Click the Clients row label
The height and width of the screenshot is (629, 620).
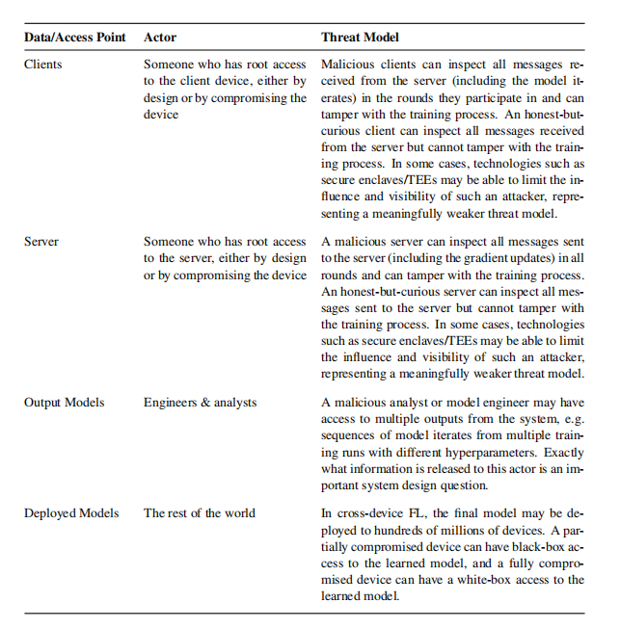pyautogui.click(x=43, y=65)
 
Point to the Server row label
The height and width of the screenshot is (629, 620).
pyautogui.click(x=41, y=242)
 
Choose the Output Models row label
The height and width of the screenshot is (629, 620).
pyautogui.click(x=65, y=403)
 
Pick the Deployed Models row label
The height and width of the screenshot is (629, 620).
pyautogui.click(x=71, y=513)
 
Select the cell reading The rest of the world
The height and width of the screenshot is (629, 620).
pyautogui.click(x=200, y=513)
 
